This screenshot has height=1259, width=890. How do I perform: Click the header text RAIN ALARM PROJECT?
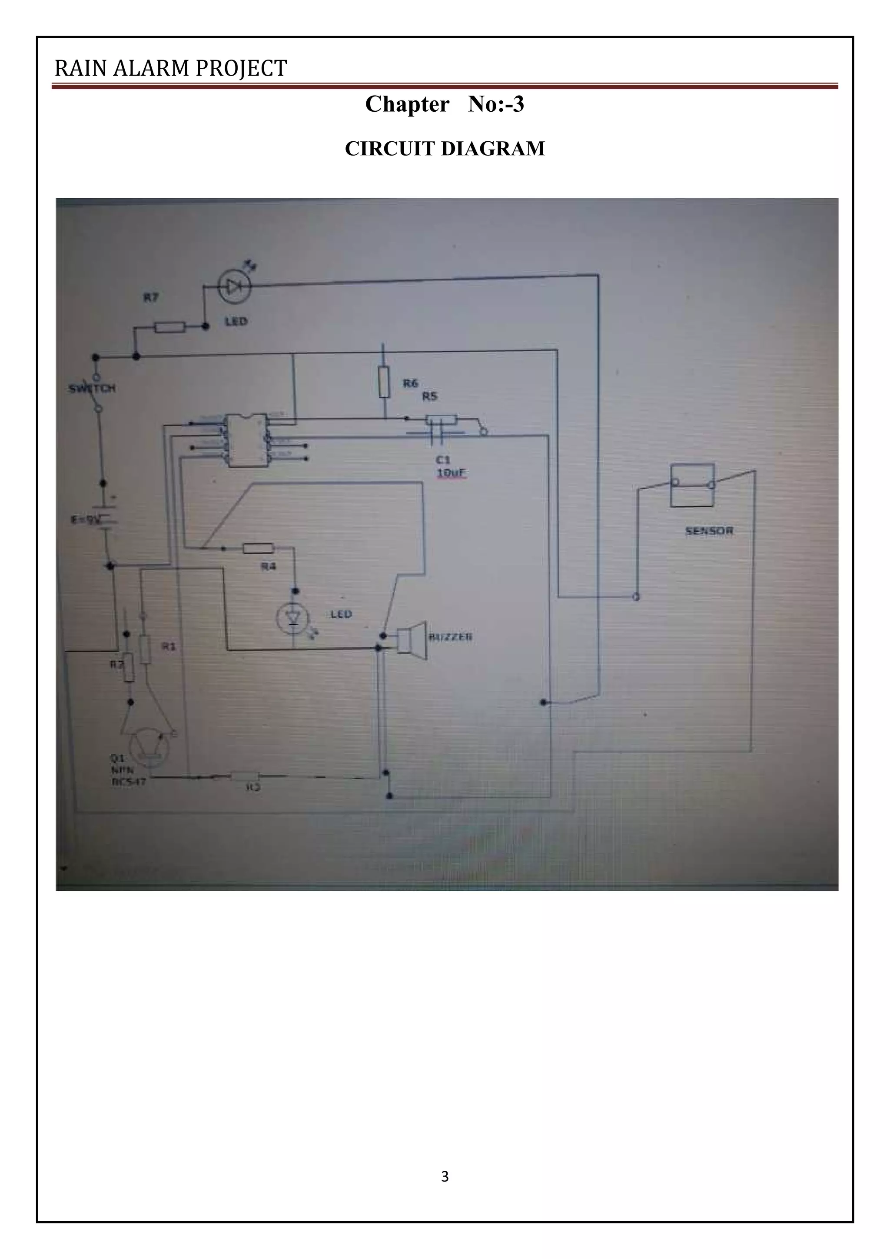tap(170, 69)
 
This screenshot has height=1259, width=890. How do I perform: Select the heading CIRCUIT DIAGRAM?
tap(445, 149)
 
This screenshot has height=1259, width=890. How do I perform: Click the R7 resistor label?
tap(151, 297)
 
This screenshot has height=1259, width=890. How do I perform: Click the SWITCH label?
tap(92, 388)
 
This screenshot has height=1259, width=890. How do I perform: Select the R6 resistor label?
tap(411, 383)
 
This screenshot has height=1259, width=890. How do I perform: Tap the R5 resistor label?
tap(430, 396)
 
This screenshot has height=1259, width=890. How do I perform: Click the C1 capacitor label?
tap(443, 461)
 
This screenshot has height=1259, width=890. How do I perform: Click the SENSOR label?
tap(709, 531)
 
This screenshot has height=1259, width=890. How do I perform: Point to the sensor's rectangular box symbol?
tap(693, 486)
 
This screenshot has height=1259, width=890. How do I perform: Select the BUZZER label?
tap(451, 637)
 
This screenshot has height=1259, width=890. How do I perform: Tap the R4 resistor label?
tap(268, 567)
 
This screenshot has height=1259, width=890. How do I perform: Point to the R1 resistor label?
tap(169, 646)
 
